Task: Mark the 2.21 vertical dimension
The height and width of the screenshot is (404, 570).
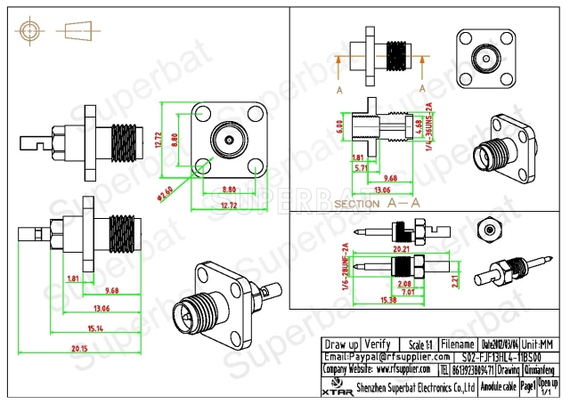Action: pos(452,283)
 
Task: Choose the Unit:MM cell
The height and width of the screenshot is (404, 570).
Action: pos(539,343)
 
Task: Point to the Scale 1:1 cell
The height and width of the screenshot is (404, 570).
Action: pos(418,343)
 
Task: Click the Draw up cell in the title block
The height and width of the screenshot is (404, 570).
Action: pos(341,343)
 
